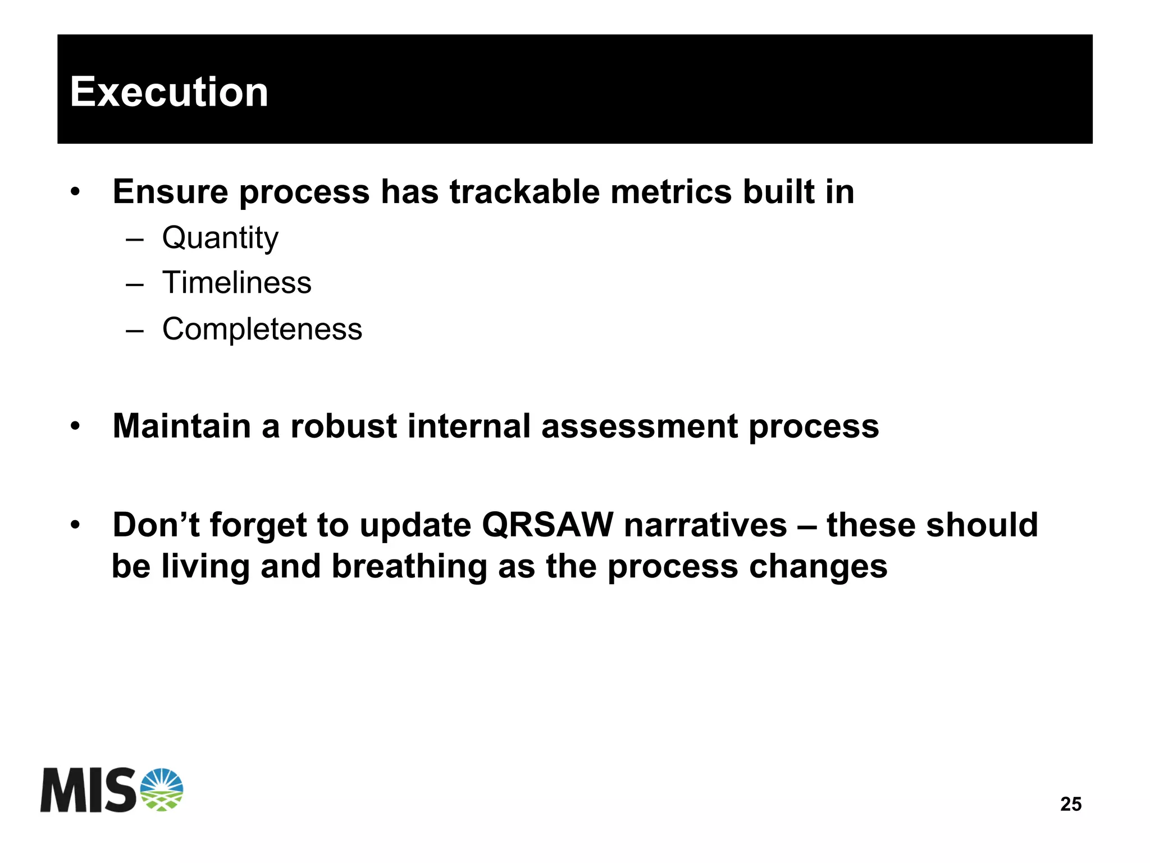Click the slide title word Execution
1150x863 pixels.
pyautogui.click(x=169, y=92)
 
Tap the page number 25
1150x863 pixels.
pyautogui.click(x=1070, y=804)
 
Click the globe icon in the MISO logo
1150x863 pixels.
pyautogui.click(x=161, y=789)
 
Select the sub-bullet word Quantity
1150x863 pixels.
pyautogui.click(x=220, y=238)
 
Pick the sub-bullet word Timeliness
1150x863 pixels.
pyautogui.click(x=236, y=283)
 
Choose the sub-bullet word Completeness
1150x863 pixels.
pyautogui.click(x=262, y=329)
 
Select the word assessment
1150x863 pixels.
pyautogui.click(x=639, y=426)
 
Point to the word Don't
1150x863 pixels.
pyautogui.click(x=156, y=525)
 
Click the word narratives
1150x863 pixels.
pyautogui.click(x=705, y=525)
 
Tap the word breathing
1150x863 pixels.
pyautogui.click(x=409, y=567)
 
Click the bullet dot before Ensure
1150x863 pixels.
pyautogui.click(x=75, y=192)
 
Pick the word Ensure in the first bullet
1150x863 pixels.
pyautogui.click(x=170, y=192)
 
